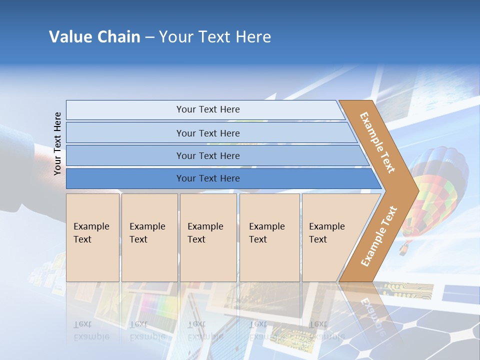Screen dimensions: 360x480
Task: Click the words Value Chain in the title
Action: (x=94, y=37)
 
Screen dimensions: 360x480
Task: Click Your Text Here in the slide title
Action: (x=215, y=37)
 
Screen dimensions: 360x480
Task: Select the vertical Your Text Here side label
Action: (x=57, y=143)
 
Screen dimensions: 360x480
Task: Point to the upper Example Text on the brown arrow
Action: (x=377, y=142)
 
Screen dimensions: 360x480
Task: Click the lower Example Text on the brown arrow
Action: (x=379, y=236)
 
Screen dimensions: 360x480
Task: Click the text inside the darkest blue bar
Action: (x=208, y=178)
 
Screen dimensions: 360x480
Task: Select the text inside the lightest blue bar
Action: (x=208, y=109)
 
